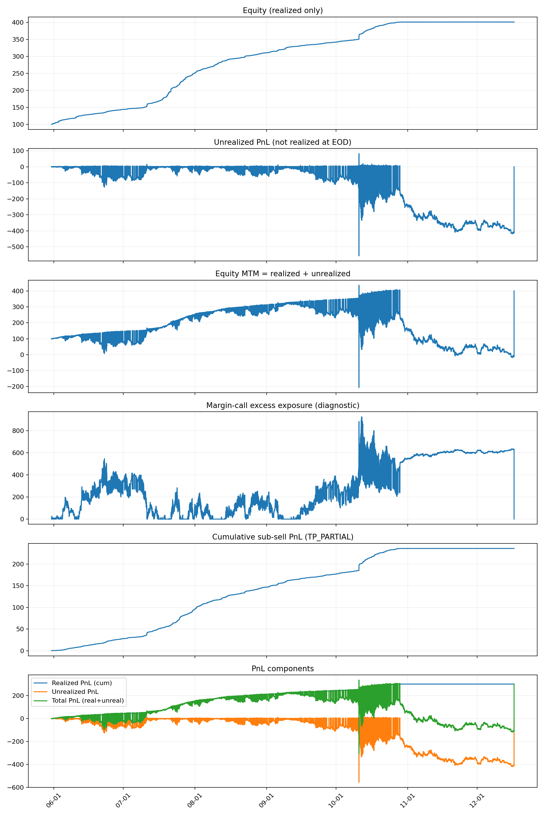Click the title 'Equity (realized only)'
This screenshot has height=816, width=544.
pos(282,10)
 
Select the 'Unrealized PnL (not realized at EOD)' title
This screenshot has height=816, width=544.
pos(282,142)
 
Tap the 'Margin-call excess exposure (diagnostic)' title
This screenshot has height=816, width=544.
pos(282,405)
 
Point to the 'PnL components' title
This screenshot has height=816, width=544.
pos(282,669)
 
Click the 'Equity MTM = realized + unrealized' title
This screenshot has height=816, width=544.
pos(282,274)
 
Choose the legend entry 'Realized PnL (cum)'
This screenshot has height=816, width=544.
pos(82,683)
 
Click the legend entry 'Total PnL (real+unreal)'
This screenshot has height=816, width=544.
pos(88,700)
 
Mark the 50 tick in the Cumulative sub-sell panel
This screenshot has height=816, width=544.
pos(20,629)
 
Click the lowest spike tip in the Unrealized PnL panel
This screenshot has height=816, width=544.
pos(359,256)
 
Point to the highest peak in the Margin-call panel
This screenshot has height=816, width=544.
pos(362,417)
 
